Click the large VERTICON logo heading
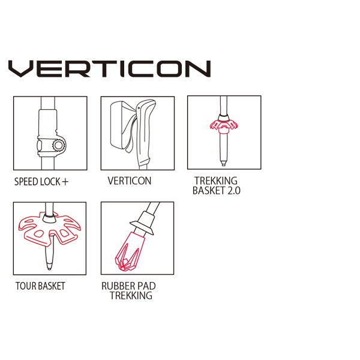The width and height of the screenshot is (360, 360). pos(110,68)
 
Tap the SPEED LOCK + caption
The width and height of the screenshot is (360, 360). pos(41,182)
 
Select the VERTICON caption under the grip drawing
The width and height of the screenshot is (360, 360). pos(130,181)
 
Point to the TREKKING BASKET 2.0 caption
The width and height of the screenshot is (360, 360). pos(216,186)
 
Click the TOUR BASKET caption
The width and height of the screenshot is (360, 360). pos(40,286)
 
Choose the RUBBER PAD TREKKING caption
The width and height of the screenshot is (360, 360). pos(128,290)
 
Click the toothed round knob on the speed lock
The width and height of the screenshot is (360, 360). pos(59,145)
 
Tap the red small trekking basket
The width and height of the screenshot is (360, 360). pos(224,126)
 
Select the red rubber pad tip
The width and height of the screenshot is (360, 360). pos(130,251)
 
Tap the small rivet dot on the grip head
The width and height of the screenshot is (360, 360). pos(139,108)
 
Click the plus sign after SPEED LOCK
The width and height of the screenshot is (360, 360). pos(65,182)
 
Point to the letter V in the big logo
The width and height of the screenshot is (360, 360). pos(21,68)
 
